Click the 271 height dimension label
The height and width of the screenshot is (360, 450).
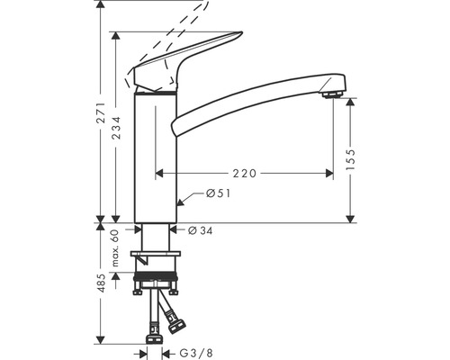tap(102, 112)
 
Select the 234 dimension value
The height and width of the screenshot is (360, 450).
tap(116, 128)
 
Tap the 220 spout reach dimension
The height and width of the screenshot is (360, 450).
tap(245, 173)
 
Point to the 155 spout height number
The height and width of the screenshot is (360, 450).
tap(350, 159)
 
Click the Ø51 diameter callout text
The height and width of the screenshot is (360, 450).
tap(219, 193)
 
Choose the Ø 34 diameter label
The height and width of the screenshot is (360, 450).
tap(201, 230)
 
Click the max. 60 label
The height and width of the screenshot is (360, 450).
tap(115, 247)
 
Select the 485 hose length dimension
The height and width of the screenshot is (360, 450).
tap(102, 283)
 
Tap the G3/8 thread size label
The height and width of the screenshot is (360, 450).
tap(196, 353)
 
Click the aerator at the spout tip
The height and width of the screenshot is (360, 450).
tap(332, 94)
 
